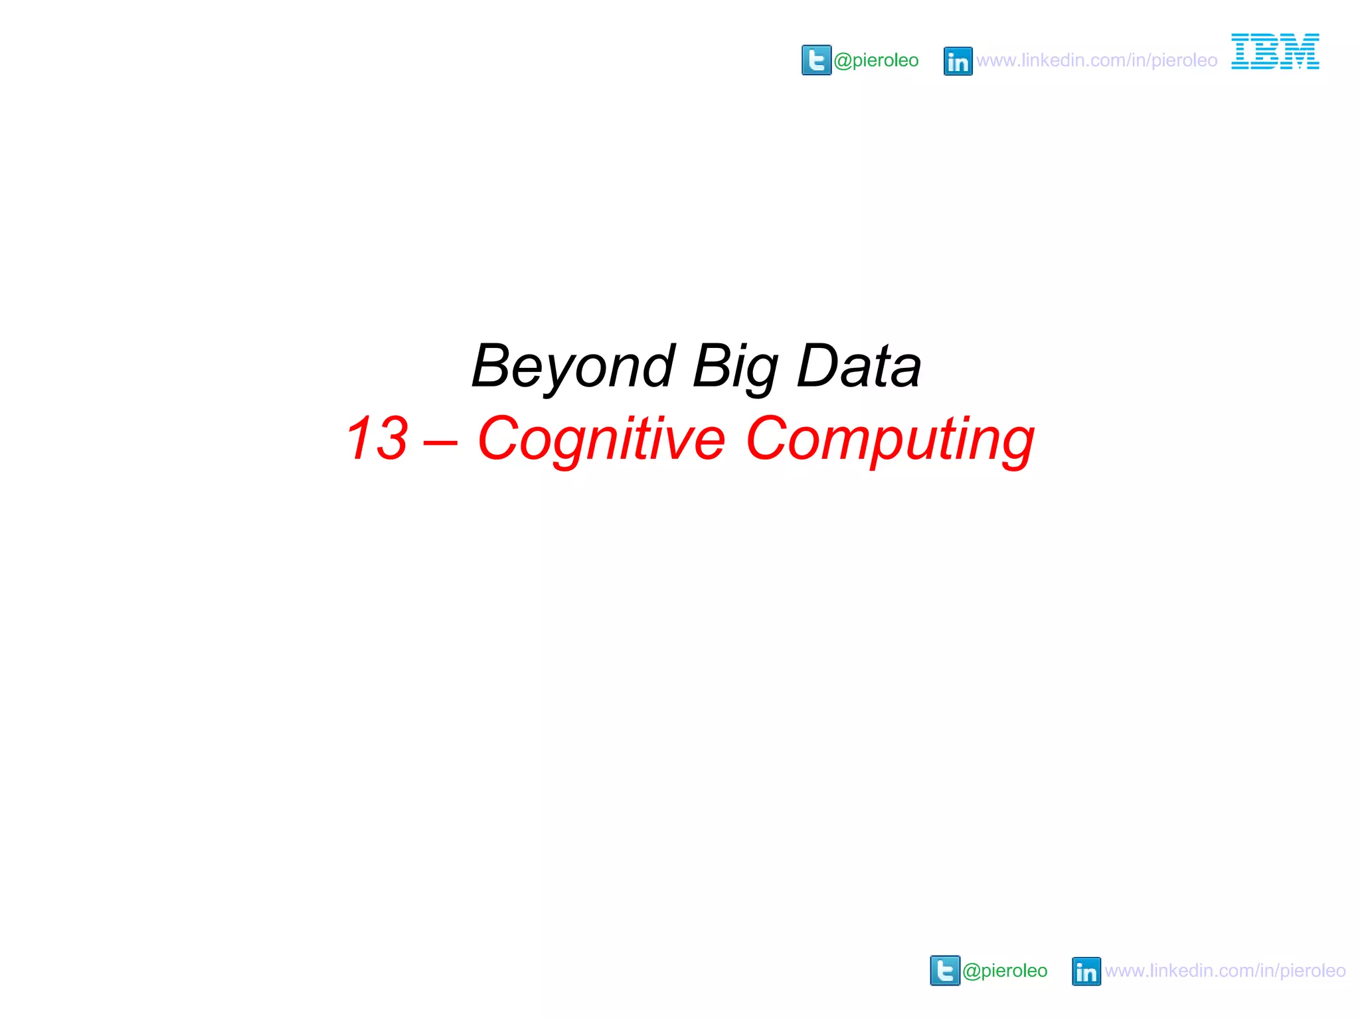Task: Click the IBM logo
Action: (1275, 51)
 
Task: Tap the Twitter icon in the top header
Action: (816, 60)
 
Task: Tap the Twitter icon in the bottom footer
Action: (945, 971)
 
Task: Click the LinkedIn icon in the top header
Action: (958, 61)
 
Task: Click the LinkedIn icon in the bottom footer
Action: (1086, 972)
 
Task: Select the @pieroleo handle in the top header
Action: (876, 60)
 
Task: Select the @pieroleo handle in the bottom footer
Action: (1005, 971)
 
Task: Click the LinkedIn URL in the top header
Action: (1096, 60)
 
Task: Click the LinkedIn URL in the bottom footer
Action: (1225, 971)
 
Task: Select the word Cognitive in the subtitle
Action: (601, 439)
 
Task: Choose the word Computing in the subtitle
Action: (890, 439)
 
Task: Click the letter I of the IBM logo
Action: (1240, 51)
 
